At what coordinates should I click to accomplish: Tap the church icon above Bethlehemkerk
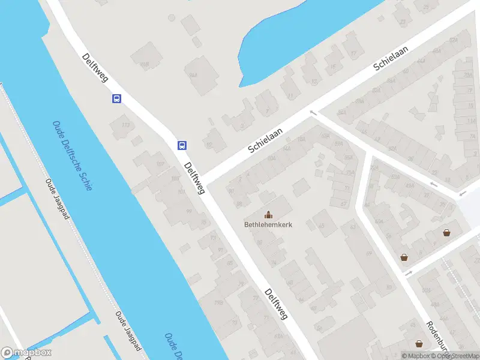(268, 214)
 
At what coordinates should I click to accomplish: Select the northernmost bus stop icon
(116, 99)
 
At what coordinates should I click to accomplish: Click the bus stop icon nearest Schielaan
(182, 145)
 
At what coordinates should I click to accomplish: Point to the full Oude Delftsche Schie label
(73, 155)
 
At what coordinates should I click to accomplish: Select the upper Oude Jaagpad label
(58, 199)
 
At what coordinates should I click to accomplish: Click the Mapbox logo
(26, 353)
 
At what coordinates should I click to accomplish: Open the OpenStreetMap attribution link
(458, 356)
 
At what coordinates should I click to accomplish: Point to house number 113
(125, 125)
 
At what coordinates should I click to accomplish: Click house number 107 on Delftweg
(161, 163)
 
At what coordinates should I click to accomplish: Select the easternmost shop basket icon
(446, 233)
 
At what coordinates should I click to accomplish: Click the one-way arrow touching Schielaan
(313, 112)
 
